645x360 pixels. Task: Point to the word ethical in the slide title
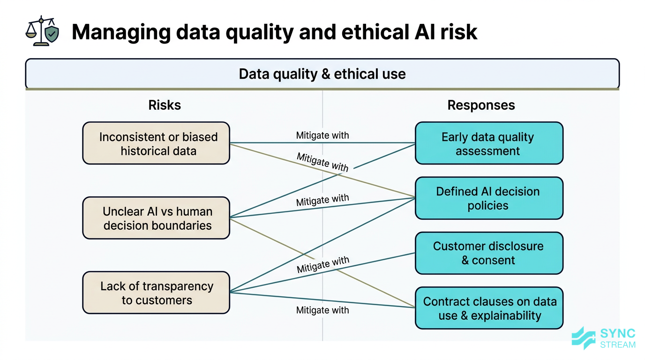369,32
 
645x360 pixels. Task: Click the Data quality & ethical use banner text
322,74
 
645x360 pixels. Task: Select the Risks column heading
165,105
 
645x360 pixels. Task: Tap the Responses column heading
481,105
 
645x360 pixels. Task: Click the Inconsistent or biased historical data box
156,143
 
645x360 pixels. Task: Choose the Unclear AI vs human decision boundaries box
156,218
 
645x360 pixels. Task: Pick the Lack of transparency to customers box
156,293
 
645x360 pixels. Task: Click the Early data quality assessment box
488,143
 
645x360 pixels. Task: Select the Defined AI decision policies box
488,198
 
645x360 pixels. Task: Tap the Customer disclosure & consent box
488,253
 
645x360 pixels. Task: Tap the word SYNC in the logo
617,334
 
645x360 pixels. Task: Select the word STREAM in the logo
618,345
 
